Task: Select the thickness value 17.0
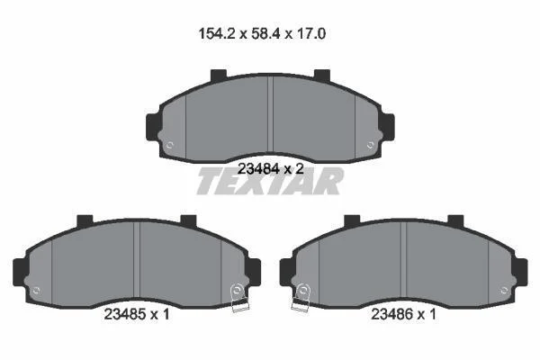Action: pyautogui.click(x=310, y=34)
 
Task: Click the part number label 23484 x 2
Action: pyautogui.click(x=271, y=169)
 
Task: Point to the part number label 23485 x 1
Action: pyautogui.click(x=137, y=314)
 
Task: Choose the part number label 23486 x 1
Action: pyautogui.click(x=403, y=314)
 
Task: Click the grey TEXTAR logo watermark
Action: pyautogui.click(x=270, y=181)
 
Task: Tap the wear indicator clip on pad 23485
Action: pyautogui.click(x=238, y=298)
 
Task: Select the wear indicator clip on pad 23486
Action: pyautogui.click(x=301, y=298)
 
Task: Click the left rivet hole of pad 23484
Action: pyautogui.click(x=169, y=145)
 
